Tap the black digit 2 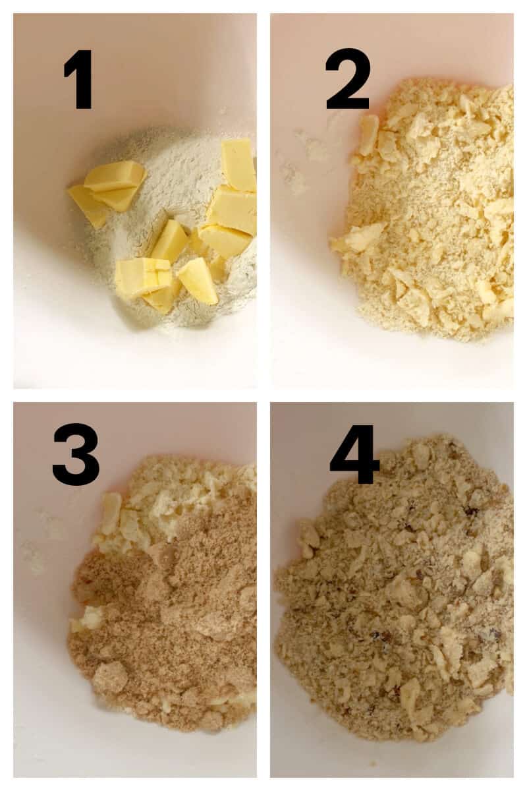[x=348, y=79]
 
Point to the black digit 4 [x=354, y=455]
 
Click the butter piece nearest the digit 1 [x=115, y=176]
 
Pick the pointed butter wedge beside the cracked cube [x=198, y=281]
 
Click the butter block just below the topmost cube [x=233, y=210]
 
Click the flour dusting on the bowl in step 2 [x=310, y=148]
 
